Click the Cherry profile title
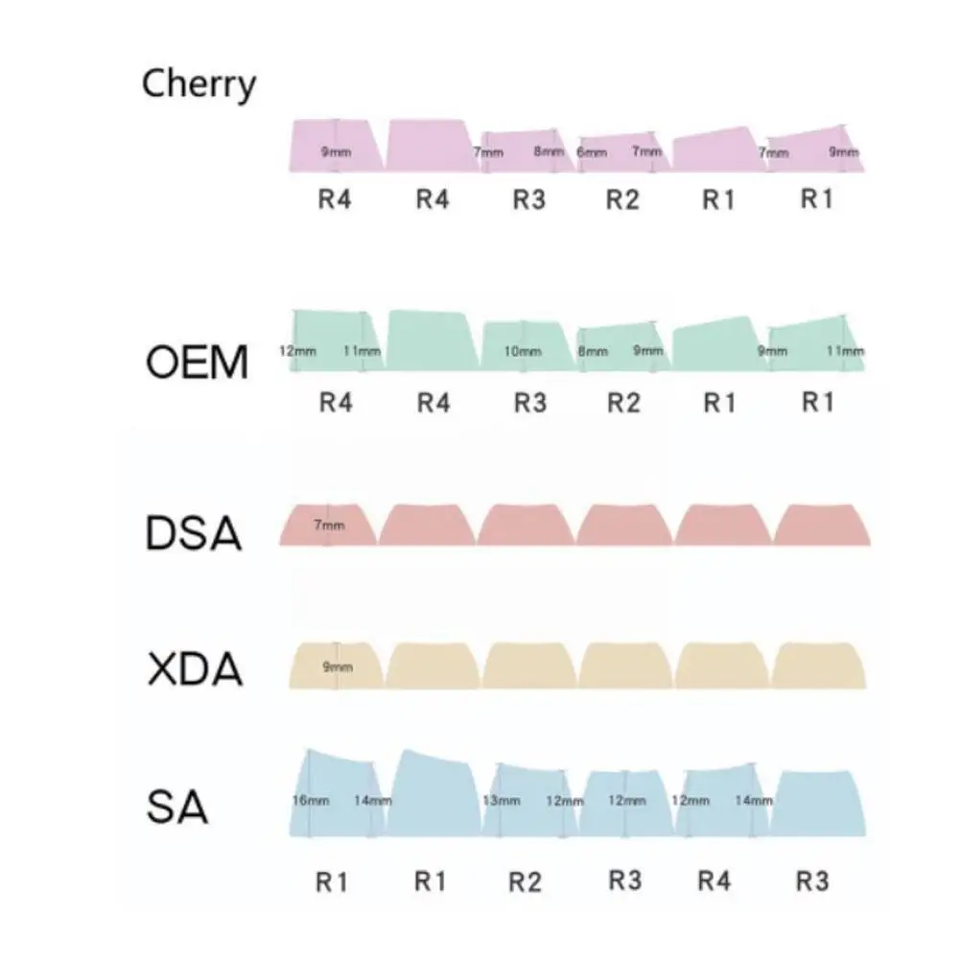pyautogui.click(x=199, y=84)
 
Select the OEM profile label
pyautogui.click(x=197, y=363)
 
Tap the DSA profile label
pyautogui.click(x=194, y=533)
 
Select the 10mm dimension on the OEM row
pyautogui.click(x=523, y=352)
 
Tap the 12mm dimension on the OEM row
pyautogui.click(x=297, y=352)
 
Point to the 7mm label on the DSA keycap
pyautogui.click(x=329, y=526)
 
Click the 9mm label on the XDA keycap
pyautogui.click(x=338, y=667)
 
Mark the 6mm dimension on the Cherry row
pyautogui.click(x=592, y=152)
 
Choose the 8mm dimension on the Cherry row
pyautogui.click(x=549, y=152)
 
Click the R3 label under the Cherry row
pyautogui.click(x=528, y=199)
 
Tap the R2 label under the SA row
pyautogui.click(x=525, y=881)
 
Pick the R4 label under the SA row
pyautogui.click(x=714, y=881)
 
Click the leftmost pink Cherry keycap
pyautogui.click(x=336, y=144)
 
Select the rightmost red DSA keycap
pyautogui.click(x=822, y=524)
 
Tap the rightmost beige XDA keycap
pyautogui.click(x=818, y=665)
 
